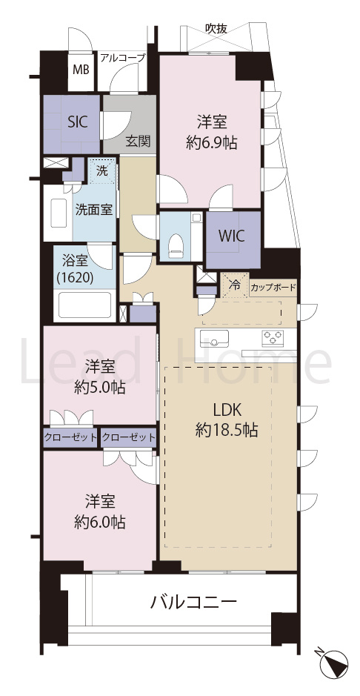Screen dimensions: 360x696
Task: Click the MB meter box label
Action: coord(81,70)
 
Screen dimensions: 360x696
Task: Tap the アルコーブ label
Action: coord(123,58)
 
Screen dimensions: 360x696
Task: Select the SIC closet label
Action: coord(77,122)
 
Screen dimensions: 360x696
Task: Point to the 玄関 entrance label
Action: coord(138,141)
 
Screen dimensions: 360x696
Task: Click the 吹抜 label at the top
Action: coord(216,29)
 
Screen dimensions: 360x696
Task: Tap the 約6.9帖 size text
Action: coord(212,143)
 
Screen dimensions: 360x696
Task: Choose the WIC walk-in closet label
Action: coord(230,236)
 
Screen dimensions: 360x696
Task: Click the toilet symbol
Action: coord(176,246)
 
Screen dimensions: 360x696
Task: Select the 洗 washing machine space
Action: coord(102,172)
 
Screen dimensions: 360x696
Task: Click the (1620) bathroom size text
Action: coord(75,278)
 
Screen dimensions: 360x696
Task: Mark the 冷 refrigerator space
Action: coord(235,285)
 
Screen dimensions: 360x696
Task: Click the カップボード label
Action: coord(273,288)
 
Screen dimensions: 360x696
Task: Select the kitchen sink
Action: coord(214,339)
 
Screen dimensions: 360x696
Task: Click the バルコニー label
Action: coord(194,603)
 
